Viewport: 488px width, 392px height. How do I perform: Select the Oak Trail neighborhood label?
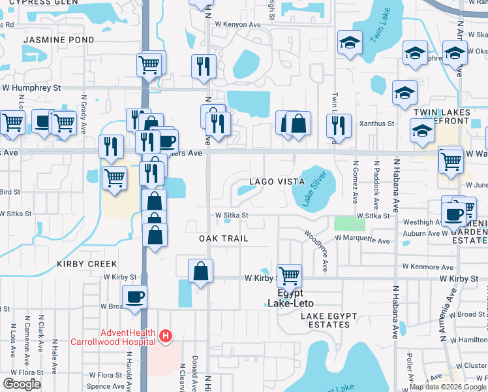click(x=224, y=238)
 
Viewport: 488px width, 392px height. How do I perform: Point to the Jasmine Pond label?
click(x=59, y=40)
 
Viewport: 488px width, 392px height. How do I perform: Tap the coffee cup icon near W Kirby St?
click(x=135, y=297)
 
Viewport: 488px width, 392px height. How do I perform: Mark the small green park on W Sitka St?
click(x=350, y=223)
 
